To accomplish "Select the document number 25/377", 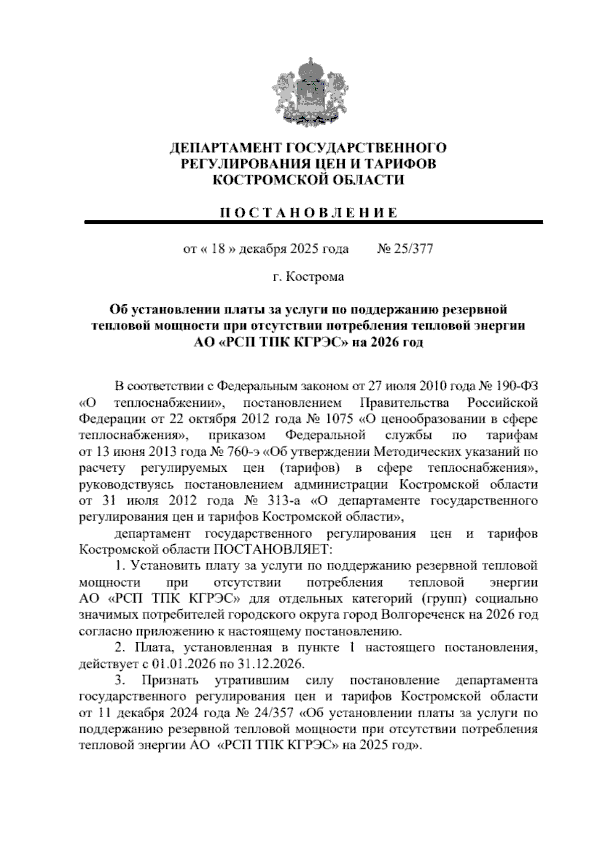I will coord(414,249).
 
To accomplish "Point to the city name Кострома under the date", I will coord(315,277).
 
